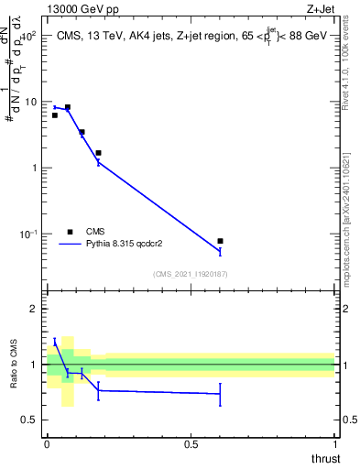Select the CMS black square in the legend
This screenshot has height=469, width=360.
pyautogui.click(x=70, y=232)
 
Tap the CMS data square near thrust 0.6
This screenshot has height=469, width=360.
pyautogui.click(x=220, y=241)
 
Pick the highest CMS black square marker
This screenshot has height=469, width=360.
pyautogui.click(x=67, y=107)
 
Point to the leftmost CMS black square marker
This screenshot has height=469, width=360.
pyautogui.click(x=55, y=115)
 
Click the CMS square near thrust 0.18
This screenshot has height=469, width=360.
pyautogui.click(x=98, y=153)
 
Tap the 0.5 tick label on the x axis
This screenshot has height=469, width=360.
pyautogui.click(x=191, y=444)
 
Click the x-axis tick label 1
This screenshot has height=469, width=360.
pyautogui.click(x=335, y=444)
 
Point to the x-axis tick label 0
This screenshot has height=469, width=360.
pyautogui.click(x=47, y=444)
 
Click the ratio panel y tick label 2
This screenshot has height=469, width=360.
pyautogui.click(x=34, y=309)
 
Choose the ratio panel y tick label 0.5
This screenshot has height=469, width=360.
pyautogui.click(x=30, y=420)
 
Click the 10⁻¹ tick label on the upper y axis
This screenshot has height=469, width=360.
pyautogui.click(x=28, y=234)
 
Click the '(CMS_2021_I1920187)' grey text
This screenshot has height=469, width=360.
pyautogui.click(x=190, y=274)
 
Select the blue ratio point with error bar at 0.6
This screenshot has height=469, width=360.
pyautogui.click(x=220, y=394)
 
